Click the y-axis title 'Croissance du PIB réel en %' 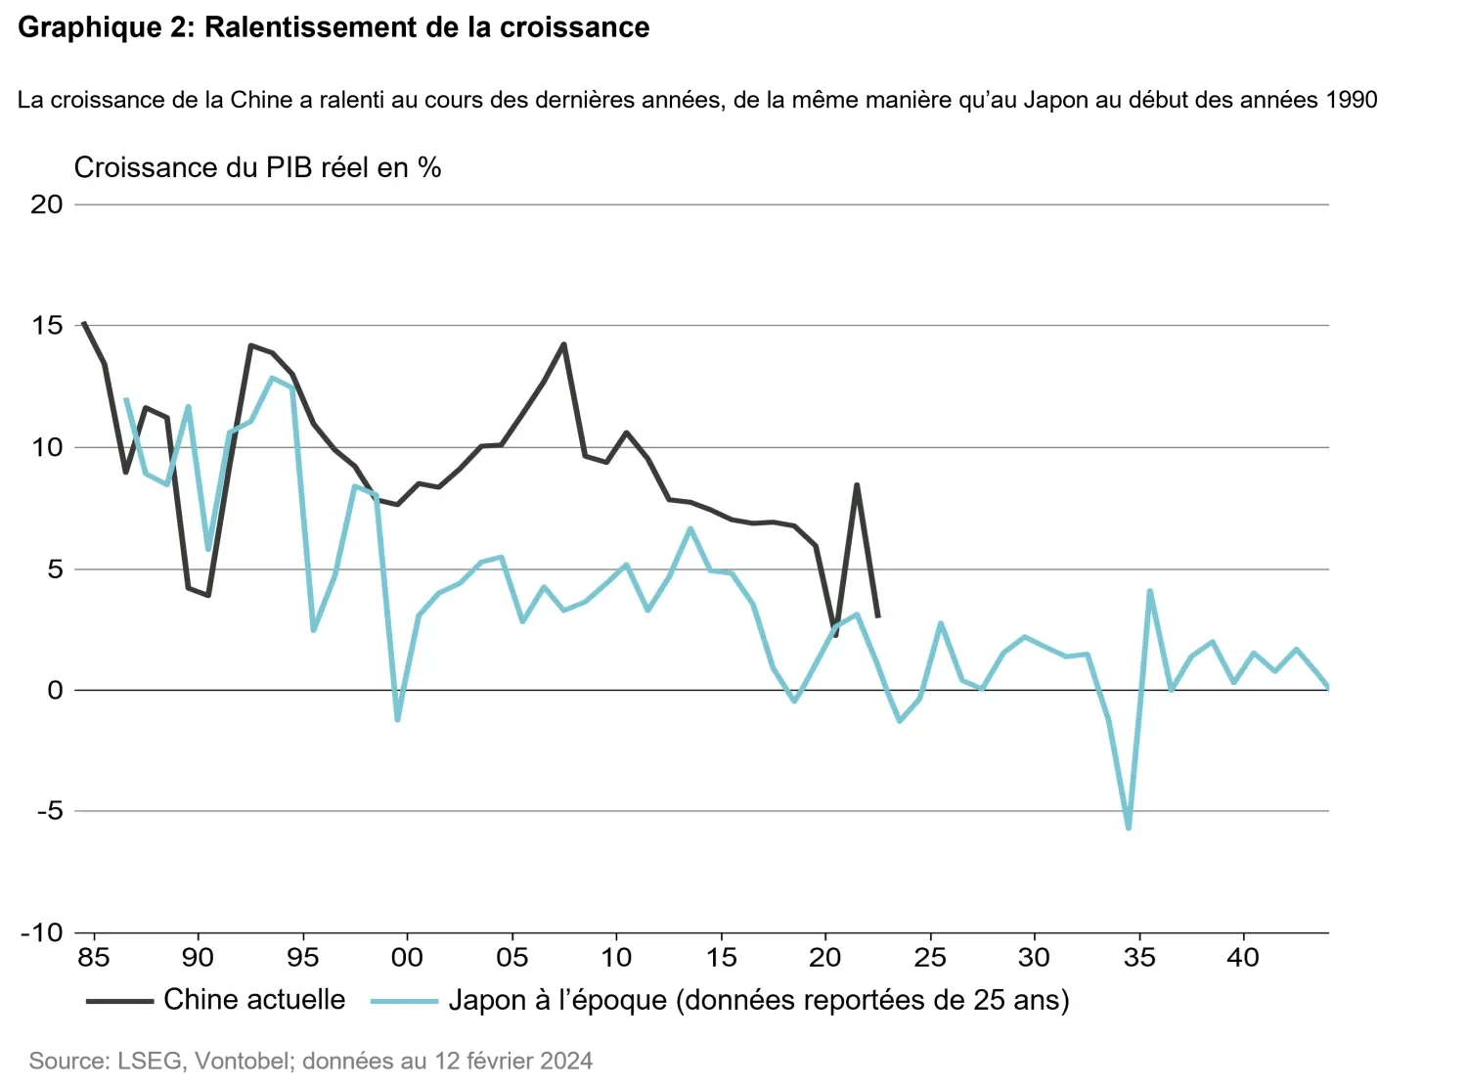point(257,168)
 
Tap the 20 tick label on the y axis point(46,204)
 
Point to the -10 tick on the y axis point(41,932)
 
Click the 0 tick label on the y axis point(55,690)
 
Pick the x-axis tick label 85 point(94,957)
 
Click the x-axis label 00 point(407,957)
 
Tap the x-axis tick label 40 point(1243,957)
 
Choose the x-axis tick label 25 point(929,957)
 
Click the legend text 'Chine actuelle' point(254,999)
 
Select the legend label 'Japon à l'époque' point(759,1000)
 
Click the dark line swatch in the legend point(119,1001)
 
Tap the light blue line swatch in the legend point(404,1001)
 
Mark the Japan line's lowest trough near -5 point(1129,828)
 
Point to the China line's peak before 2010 point(563,344)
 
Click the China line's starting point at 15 point(84,323)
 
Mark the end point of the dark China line point(877,616)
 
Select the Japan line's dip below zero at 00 point(397,719)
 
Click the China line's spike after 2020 point(857,484)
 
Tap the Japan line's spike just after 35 point(1150,591)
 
